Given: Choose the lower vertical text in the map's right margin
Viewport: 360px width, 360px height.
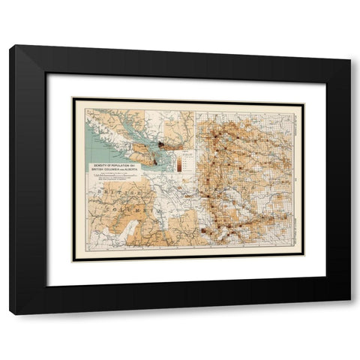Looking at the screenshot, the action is coord(298,225).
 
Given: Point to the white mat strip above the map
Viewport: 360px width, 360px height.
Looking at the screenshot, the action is coord(187,85).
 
